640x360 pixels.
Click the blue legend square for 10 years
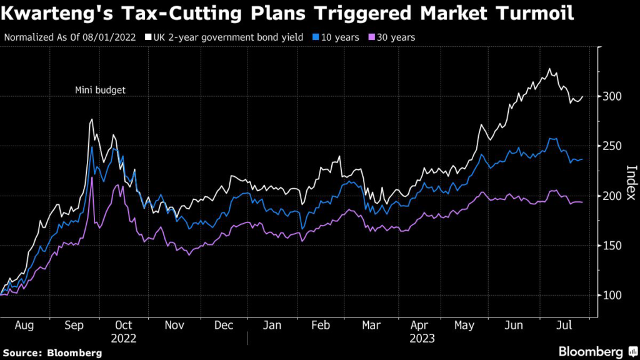tap(316, 37)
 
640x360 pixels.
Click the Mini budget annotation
tap(100, 90)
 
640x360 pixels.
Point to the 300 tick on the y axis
tap(611, 96)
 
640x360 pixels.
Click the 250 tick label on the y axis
tap(611, 146)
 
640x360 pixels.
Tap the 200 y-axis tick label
tap(611, 196)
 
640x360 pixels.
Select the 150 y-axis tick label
tap(611, 246)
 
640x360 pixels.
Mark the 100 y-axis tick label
tap(611, 296)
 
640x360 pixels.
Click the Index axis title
tap(631, 182)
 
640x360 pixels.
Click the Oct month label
tap(124, 325)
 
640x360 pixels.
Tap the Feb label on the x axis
tap(320, 325)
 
